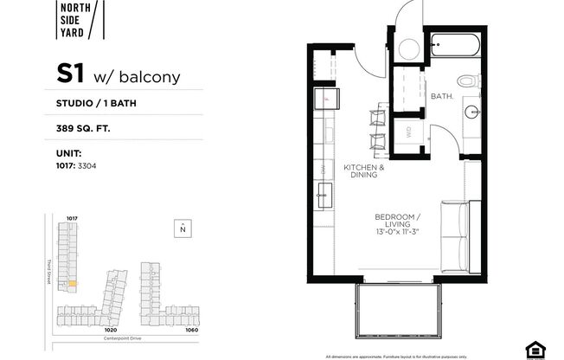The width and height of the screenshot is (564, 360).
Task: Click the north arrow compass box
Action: tap(183, 228)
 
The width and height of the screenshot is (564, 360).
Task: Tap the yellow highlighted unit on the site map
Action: tap(73, 283)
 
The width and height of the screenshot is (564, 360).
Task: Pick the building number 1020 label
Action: tap(110, 329)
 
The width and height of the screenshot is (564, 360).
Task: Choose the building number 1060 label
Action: tap(190, 329)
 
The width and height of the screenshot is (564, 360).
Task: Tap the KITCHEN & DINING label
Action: tap(363, 170)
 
